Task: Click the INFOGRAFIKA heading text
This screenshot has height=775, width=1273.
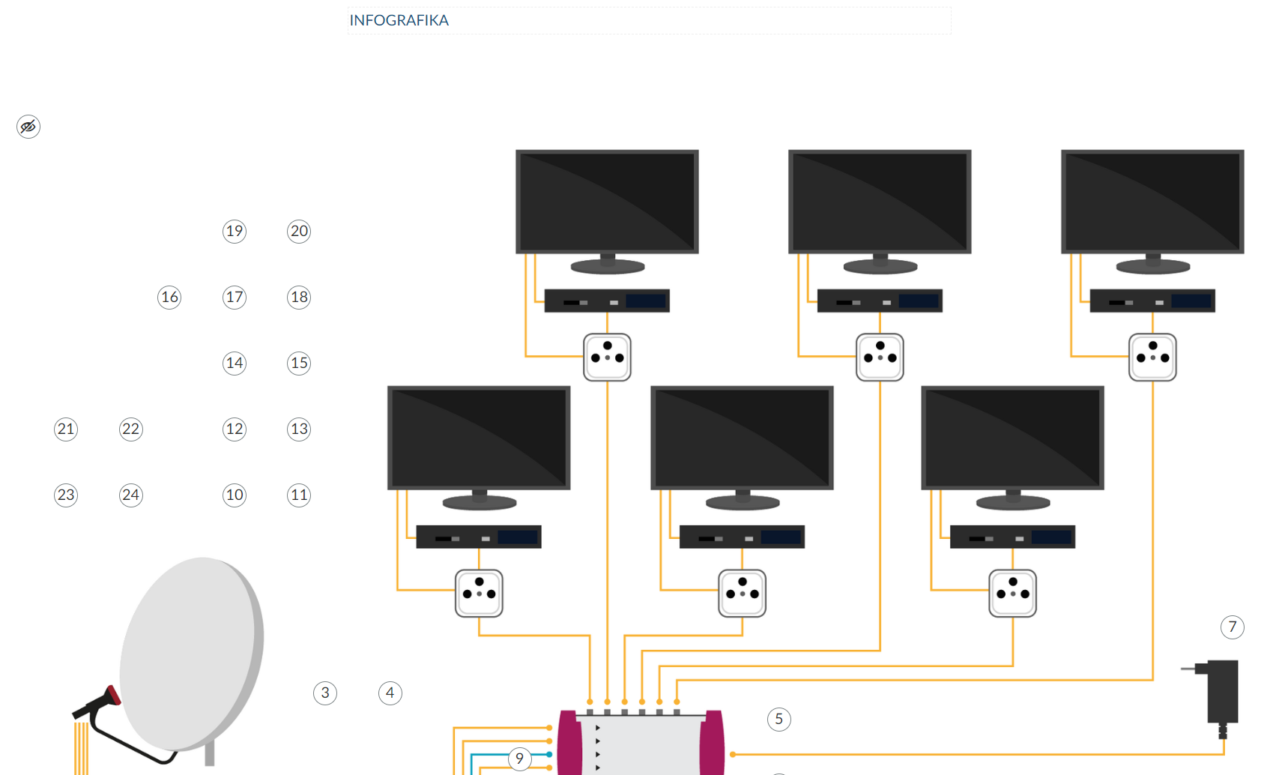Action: [399, 20]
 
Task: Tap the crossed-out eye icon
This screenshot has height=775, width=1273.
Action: [28, 127]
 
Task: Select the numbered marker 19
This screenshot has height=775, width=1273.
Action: [235, 231]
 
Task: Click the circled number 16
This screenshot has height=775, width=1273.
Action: [169, 297]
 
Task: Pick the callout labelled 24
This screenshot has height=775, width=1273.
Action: [130, 495]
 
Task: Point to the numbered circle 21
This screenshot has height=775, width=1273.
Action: [66, 429]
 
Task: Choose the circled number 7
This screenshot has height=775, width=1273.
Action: [1232, 627]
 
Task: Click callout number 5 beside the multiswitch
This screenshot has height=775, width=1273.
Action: [778, 720]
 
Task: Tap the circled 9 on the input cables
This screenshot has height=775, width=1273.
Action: [519, 759]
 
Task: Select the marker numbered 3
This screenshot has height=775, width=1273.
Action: [325, 693]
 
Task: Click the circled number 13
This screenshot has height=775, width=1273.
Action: [299, 429]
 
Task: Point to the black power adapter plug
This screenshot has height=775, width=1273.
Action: [1221, 692]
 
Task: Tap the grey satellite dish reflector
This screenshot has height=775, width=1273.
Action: [191, 652]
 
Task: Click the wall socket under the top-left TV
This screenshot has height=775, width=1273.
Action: [607, 358]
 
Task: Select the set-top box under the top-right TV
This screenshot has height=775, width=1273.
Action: [1152, 301]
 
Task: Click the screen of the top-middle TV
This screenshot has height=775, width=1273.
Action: [880, 201]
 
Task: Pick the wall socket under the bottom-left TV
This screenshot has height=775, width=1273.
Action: [479, 594]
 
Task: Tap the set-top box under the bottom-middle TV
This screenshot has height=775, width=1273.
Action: [742, 537]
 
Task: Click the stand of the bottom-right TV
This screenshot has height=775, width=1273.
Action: [1012, 500]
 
